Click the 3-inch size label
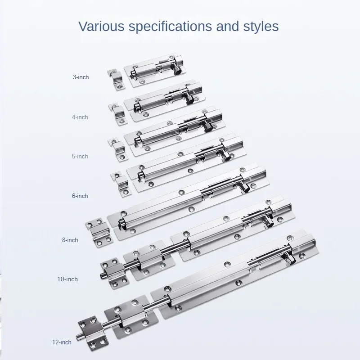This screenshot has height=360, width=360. [x=81, y=77]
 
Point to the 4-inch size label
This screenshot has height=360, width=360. [x=80, y=117]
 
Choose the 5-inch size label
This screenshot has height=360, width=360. [x=80, y=156]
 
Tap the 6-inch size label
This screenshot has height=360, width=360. [x=80, y=196]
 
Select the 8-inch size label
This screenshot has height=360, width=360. [x=70, y=240]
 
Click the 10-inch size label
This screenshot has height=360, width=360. [x=67, y=279]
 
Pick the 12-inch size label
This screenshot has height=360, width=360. [x=62, y=342]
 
